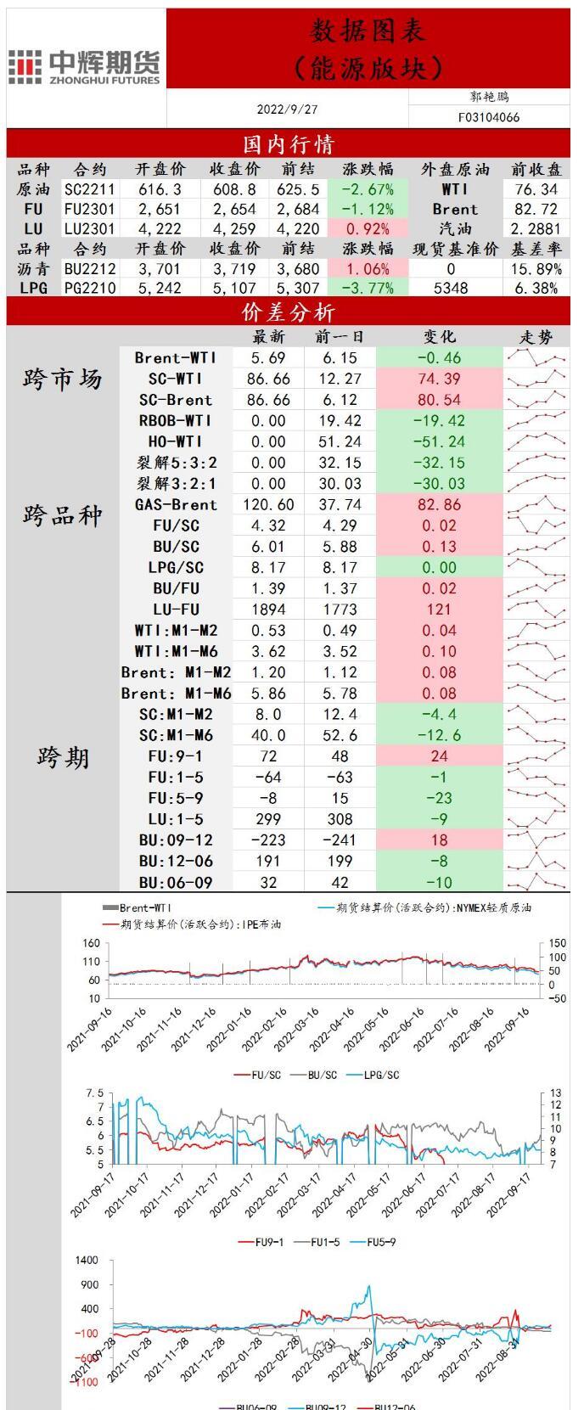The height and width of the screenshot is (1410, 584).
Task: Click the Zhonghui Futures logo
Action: [85, 66]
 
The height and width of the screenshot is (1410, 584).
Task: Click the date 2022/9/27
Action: [287, 110]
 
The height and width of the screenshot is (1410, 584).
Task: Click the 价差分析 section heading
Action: [289, 312]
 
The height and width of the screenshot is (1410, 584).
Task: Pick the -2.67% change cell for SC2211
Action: [368, 189]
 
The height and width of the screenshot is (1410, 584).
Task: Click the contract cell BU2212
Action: [90, 268]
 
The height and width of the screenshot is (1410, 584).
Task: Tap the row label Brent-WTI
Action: [176, 357]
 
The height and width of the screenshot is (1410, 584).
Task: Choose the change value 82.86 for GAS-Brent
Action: [439, 504]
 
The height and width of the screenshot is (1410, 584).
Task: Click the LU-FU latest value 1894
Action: [268, 609]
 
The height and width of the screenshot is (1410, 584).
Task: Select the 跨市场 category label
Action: [62, 379]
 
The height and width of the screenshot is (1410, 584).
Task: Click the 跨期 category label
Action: [62, 757]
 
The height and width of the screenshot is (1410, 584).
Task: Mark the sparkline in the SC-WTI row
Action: [536, 379]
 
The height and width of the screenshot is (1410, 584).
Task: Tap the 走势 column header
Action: [536, 337]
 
